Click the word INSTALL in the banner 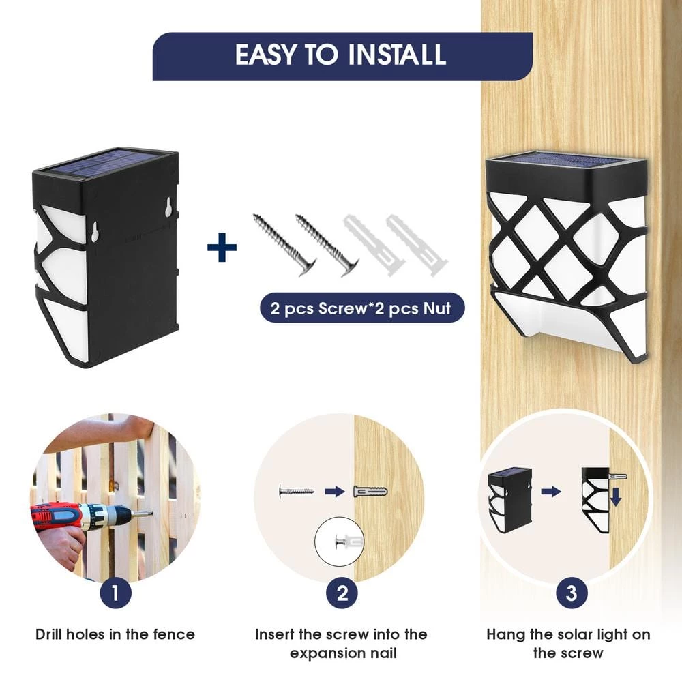(397, 55)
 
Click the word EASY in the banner (265, 55)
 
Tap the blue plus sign (222, 248)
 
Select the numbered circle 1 (115, 593)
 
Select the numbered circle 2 (342, 593)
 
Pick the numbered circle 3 (572, 593)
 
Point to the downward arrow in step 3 (615, 496)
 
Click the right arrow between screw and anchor (334, 492)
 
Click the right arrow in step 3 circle (551, 492)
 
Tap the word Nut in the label (438, 308)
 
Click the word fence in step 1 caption (174, 634)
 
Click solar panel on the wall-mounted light (565, 159)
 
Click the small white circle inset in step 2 (339, 541)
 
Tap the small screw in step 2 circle (296, 492)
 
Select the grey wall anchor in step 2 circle (370, 492)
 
